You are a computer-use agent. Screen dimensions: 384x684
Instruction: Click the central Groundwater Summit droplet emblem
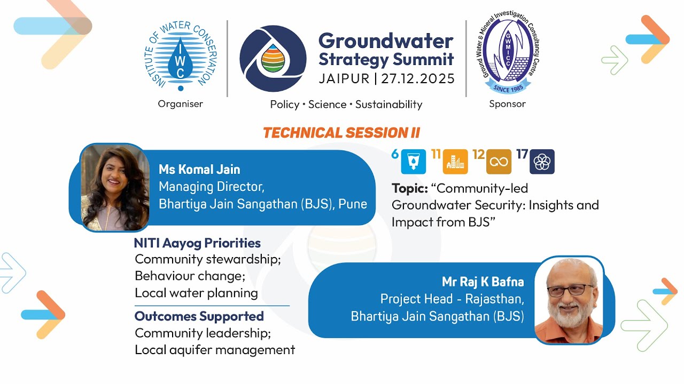click(273, 59)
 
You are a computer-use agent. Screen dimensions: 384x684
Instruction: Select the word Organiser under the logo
click(181, 104)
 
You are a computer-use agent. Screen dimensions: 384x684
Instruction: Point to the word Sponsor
click(507, 104)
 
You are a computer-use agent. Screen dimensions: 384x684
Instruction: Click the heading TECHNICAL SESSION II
click(341, 133)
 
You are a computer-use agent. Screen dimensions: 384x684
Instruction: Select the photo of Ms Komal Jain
click(115, 187)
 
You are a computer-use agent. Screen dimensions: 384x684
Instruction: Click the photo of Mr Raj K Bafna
click(569, 300)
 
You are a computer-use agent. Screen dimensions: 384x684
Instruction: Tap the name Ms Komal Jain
click(199, 170)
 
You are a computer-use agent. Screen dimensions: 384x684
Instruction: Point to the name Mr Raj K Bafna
click(483, 282)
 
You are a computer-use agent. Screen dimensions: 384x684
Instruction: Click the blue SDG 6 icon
click(413, 162)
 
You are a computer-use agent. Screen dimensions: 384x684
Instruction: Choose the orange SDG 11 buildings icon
click(455, 162)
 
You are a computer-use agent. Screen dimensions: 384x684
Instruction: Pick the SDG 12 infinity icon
click(499, 162)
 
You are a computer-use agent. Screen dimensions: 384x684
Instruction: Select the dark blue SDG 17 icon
click(542, 162)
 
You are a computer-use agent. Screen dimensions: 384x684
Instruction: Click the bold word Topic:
click(409, 188)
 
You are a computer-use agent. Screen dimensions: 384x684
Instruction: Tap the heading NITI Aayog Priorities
click(197, 243)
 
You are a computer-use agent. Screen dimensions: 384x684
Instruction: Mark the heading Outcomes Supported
click(199, 316)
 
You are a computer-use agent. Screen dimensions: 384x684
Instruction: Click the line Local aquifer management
click(215, 350)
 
